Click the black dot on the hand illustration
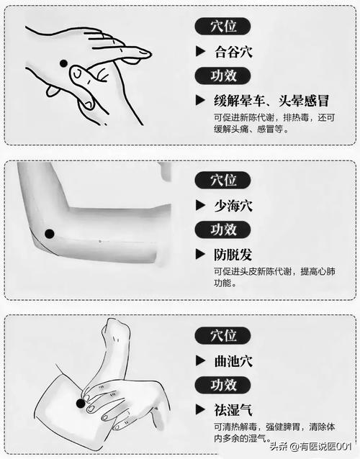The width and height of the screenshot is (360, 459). pyautogui.click(x=63, y=63)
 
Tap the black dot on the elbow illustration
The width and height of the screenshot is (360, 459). pyautogui.click(x=50, y=233)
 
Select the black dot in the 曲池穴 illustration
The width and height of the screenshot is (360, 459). pyautogui.click(x=81, y=403)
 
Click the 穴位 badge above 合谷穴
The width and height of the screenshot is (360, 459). pyautogui.click(x=222, y=27)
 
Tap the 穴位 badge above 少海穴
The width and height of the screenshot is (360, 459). pyautogui.click(x=222, y=181)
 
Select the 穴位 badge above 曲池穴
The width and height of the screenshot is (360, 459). pyautogui.click(x=222, y=335)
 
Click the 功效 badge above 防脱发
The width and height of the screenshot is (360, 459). pyautogui.click(x=222, y=229)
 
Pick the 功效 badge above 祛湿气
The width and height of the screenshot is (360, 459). pyautogui.click(x=222, y=385)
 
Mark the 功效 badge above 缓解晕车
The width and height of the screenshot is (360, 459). pyautogui.click(x=222, y=75)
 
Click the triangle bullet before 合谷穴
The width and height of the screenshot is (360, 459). pyautogui.click(x=200, y=51)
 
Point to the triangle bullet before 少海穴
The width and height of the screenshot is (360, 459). pyautogui.click(x=200, y=206)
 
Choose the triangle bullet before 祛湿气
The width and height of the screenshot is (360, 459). pyautogui.click(x=200, y=410)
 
